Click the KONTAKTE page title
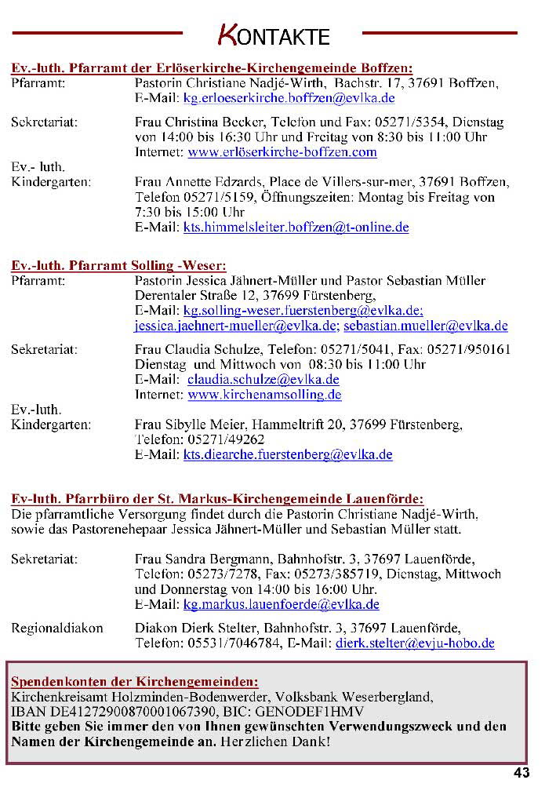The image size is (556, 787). (x=273, y=35)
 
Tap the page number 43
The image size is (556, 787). (x=521, y=773)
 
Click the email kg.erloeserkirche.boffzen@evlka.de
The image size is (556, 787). (x=289, y=99)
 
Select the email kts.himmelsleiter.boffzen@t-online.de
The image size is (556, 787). (x=296, y=228)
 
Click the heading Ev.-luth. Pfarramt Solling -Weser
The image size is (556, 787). (x=118, y=265)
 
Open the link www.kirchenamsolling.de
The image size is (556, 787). (x=265, y=395)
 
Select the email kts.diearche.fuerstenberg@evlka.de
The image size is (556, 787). (x=288, y=454)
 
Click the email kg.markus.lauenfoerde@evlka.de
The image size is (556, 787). (x=281, y=604)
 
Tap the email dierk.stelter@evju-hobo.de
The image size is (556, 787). (x=415, y=643)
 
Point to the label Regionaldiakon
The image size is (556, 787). (x=57, y=629)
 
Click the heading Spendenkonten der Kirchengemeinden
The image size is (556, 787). (x=134, y=681)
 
